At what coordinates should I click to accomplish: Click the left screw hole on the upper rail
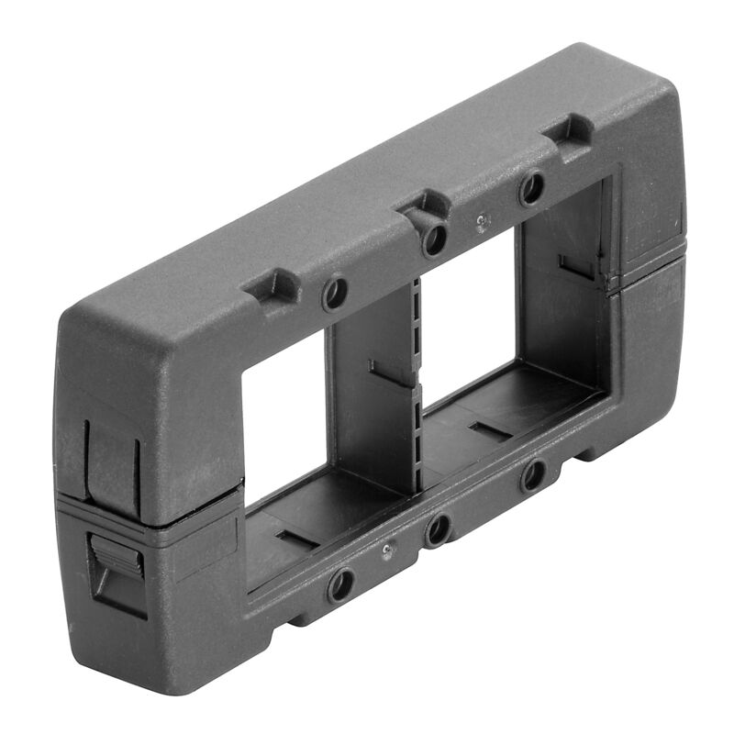[x=335, y=294]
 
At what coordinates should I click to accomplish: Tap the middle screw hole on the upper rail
[x=434, y=239]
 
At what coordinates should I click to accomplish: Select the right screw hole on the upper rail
[x=530, y=189]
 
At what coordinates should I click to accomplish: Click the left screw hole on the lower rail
[x=341, y=584]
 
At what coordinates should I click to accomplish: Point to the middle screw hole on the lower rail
[x=439, y=529]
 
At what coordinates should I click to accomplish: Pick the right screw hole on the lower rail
[x=532, y=476]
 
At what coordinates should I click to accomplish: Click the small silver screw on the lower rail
[x=389, y=550]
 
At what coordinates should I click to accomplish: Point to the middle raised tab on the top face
[x=423, y=206]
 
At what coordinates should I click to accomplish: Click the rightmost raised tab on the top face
[x=571, y=129]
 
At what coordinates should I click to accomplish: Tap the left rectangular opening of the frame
[x=284, y=404]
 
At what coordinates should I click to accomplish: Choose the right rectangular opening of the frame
[x=473, y=303]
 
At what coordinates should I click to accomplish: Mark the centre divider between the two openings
[x=376, y=395]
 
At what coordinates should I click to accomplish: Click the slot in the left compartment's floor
[x=298, y=539]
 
